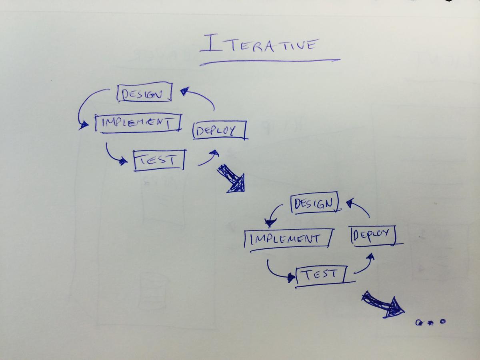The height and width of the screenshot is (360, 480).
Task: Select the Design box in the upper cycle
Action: click(144, 92)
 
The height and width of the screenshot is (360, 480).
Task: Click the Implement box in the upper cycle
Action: click(138, 123)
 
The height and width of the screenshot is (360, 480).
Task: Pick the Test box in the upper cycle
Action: click(159, 160)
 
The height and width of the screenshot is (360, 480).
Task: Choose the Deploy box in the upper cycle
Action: click(219, 130)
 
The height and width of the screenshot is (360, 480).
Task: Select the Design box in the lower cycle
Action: click(315, 203)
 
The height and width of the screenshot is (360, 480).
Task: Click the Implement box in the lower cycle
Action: click(287, 239)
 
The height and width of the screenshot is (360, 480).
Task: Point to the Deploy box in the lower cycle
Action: click(372, 235)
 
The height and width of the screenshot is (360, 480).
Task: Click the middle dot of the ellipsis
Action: click(431, 322)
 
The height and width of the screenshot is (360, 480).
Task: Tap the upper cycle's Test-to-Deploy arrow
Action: click(208, 158)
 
